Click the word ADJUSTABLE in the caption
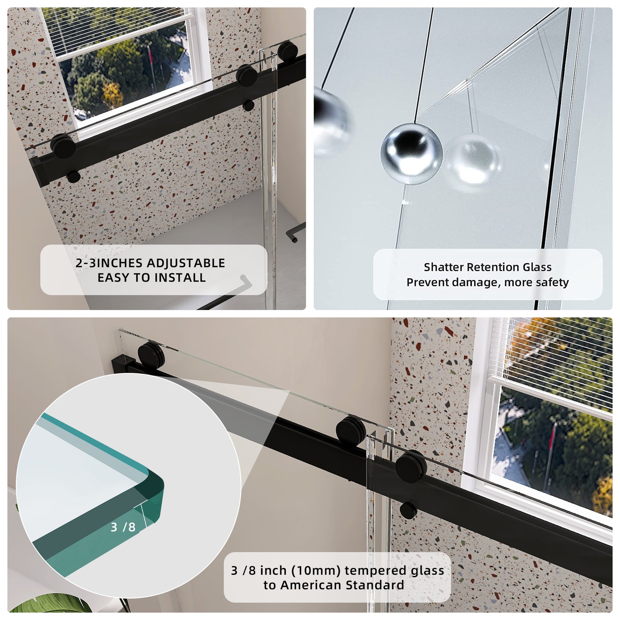pyautogui.click(x=186, y=263)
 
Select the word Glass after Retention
pyautogui.click(x=537, y=267)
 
